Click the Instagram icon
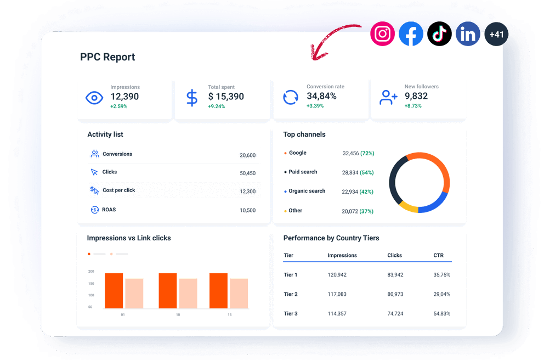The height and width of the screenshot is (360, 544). tap(382, 34)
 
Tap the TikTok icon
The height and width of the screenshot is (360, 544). tap(439, 34)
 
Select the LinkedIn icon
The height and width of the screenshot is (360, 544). tap(468, 35)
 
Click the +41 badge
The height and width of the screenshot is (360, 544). tap(496, 35)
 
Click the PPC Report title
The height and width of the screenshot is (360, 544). tap(107, 57)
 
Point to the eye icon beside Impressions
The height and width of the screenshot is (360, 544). tap(94, 98)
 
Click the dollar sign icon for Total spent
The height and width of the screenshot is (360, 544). tap(192, 98)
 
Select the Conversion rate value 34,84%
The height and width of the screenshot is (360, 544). tap(322, 96)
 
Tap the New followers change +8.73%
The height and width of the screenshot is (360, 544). tap(413, 106)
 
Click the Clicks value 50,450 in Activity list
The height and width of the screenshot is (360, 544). tap(247, 173)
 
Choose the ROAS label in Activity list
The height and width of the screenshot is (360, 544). tap(109, 210)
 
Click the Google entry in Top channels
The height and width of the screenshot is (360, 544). tap(297, 153)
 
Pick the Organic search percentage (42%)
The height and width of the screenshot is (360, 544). tap(367, 192)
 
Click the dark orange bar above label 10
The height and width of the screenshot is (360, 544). tap(168, 291)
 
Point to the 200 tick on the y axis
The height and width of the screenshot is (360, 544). tap(90, 272)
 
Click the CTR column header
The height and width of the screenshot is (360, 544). tap(438, 255)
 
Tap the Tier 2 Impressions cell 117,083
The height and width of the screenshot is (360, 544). tap(337, 294)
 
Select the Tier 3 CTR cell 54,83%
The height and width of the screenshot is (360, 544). tap(441, 313)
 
